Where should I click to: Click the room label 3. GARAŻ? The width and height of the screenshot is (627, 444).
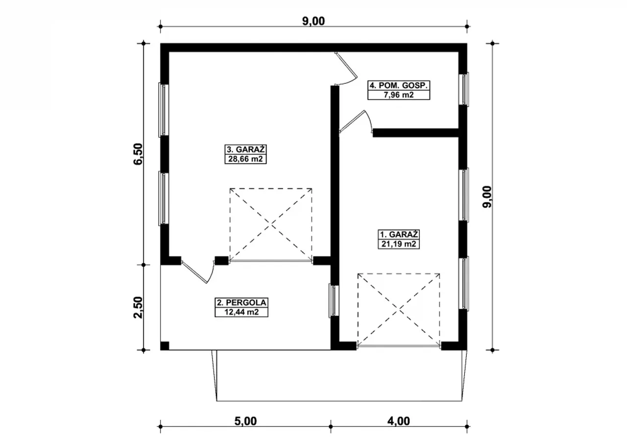[245, 149]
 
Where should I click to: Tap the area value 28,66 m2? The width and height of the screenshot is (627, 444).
[245, 159]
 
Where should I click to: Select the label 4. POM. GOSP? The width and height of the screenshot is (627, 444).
[399, 85]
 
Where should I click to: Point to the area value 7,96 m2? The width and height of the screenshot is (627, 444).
[399, 95]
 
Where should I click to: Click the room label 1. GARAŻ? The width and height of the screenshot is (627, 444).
[399, 234]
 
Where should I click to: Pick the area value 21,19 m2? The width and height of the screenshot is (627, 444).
[399, 244]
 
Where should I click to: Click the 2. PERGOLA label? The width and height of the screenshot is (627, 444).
[241, 302]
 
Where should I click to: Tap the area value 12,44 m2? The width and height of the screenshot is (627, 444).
[241, 312]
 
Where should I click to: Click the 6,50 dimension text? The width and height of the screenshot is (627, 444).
[138, 154]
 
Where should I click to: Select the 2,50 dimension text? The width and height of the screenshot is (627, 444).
[138, 307]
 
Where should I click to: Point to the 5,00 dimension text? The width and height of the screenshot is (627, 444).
[245, 421]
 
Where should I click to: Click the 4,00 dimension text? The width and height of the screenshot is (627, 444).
[399, 421]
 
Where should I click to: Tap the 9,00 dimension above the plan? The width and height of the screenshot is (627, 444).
[313, 21]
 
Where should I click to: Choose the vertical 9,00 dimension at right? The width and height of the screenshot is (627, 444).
[487, 197]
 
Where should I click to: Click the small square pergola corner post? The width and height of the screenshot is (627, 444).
[165, 345]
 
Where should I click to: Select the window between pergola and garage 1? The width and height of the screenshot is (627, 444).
[334, 301]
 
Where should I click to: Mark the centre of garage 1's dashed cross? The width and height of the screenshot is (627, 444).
[399, 311]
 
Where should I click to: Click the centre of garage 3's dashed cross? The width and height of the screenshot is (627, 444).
[271, 224]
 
